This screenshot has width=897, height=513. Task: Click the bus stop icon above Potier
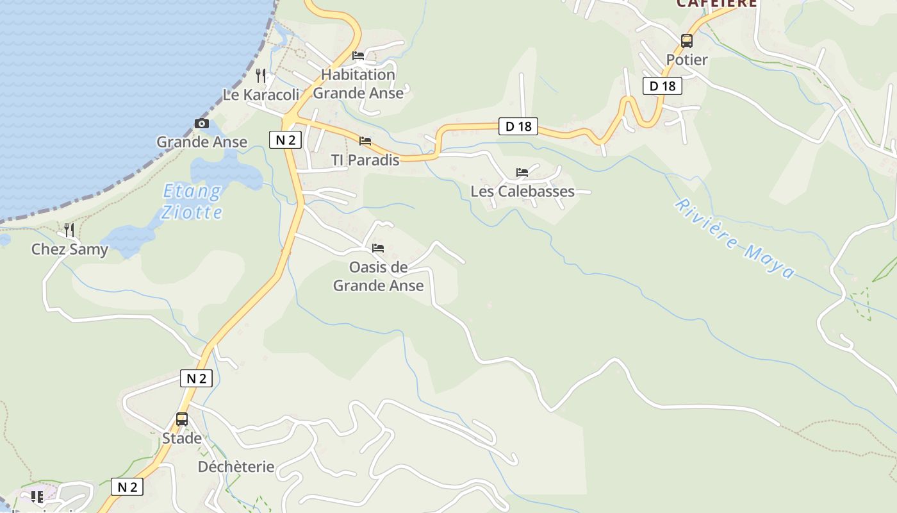tap(687, 41)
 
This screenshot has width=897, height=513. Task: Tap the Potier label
tap(687, 60)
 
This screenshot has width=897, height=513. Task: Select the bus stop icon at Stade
tap(182, 419)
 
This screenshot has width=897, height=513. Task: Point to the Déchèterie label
tap(236, 466)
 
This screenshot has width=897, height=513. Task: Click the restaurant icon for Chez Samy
tap(69, 230)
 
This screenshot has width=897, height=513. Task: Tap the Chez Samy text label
tap(70, 249)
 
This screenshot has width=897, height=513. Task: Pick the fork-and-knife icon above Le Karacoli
tap(260, 76)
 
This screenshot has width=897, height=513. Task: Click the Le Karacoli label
tap(261, 95)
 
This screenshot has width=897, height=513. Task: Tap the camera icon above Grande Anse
tap(202, 124)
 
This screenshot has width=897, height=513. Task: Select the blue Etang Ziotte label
tap(192, 201)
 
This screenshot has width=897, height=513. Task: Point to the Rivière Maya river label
tap(734, 239)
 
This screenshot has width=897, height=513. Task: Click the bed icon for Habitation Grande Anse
tap(358, 56)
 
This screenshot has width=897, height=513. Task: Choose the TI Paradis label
tap(365, 160)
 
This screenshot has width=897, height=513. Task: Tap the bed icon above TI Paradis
tap(365, 141)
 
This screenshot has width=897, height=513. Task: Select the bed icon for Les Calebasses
tap(522, 172)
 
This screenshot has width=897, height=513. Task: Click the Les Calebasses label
tap(522, 191)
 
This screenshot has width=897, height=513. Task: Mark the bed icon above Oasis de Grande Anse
tap(378, 248)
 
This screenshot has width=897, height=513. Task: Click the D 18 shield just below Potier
tap(662, 86)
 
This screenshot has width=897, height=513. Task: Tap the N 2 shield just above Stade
tap(196, 378)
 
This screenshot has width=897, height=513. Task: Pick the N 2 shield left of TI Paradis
tap(285, 140)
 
